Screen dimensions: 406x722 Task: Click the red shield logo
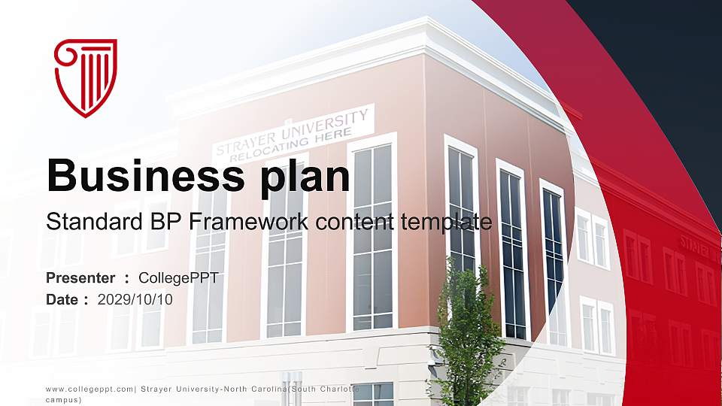(86, 77)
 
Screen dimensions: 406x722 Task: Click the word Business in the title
(141, 177)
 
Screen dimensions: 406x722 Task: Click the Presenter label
(80, 278)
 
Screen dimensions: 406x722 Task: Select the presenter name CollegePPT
(179, 278)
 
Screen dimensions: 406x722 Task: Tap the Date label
(63, 299)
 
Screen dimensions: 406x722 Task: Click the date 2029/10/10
(135, 299)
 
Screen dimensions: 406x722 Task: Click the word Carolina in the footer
(264, 389)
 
